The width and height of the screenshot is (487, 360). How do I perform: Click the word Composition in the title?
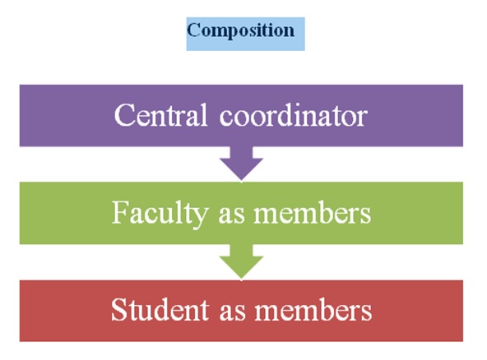coord(241,31)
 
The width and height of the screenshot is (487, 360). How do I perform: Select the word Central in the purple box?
coord(160,115)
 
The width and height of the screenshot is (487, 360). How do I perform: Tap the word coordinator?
coord(294,115)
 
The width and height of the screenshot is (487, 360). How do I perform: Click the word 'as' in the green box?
coord(232,216)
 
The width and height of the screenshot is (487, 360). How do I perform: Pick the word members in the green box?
coord(313,213)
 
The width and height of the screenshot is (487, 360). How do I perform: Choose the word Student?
coord(160,309)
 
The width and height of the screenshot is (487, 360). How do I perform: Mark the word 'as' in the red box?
coord(232,313)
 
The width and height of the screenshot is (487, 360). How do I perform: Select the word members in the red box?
coord(313,309)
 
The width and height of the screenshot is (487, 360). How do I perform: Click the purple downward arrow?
coord(241,163)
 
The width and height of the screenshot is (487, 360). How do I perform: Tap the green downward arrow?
coord(241,261)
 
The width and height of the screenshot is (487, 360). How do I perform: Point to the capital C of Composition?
coord(193,30)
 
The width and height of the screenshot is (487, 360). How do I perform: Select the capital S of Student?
coord(118,309)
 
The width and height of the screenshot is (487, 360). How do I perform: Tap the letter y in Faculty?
coord(201,219)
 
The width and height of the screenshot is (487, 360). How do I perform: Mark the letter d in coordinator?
coord(282,115)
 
